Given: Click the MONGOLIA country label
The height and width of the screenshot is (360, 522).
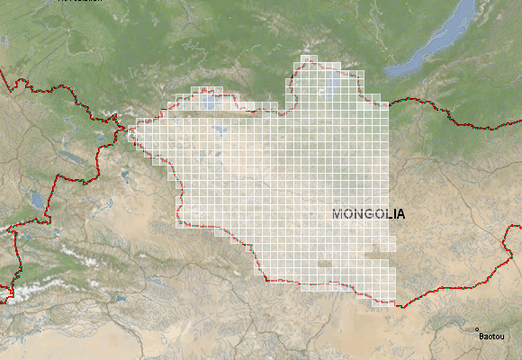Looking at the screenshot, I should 369,214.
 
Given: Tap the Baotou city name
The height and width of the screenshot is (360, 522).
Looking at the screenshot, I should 492,337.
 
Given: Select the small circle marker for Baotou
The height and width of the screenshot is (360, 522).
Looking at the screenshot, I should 477,330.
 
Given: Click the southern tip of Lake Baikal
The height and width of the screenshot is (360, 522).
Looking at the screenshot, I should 389,72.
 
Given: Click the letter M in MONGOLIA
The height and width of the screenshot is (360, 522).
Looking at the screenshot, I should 338,214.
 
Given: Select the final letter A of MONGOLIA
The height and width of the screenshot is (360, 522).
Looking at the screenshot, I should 400,214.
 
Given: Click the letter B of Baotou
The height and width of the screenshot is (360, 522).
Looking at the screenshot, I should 482,337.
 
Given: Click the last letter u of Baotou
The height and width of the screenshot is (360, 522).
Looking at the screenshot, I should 503,337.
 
